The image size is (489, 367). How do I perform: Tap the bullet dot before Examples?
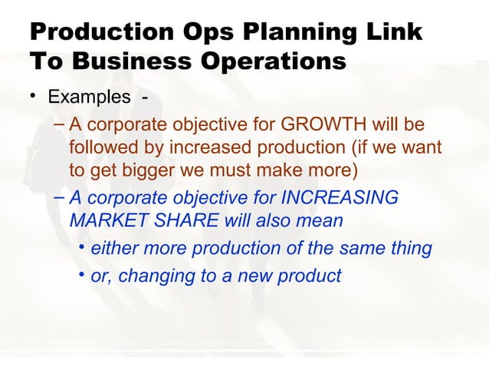[34, 98]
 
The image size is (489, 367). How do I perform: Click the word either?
[113, 249]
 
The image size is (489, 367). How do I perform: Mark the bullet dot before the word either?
[82, 248]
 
